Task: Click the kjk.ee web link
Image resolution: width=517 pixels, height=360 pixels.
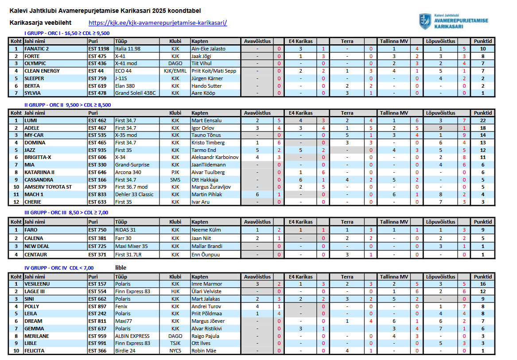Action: tap(158, 23)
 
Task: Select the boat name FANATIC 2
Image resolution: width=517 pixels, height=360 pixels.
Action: tap(37, 49)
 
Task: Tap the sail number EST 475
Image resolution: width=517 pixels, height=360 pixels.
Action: tap(97, 56)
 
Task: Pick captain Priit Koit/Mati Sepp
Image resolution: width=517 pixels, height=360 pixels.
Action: tap(214, 71)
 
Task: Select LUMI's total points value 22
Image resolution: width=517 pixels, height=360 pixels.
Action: tap(482, 120)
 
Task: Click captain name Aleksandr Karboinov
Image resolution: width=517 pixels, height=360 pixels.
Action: tap(215, 157)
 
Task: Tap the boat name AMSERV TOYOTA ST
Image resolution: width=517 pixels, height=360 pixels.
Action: tap(48, 187)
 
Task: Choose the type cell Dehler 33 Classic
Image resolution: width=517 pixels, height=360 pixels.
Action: tap(134, 194)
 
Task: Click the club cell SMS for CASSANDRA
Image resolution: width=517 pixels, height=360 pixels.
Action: tap(175, 180)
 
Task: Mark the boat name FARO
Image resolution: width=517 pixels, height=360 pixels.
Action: tap(31, 230)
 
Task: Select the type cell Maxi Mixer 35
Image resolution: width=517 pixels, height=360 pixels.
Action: tap(132, 246)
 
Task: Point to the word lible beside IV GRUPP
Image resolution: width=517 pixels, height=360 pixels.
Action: tap(121, 267)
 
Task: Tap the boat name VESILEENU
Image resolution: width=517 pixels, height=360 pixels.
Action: tap(37, 284)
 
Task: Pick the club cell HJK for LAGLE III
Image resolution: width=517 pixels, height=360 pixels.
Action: tap(175, 291)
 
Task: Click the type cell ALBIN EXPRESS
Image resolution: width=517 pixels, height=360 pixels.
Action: tap(132, 336)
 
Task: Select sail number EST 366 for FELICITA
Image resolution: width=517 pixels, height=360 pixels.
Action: tap(97, 351)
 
